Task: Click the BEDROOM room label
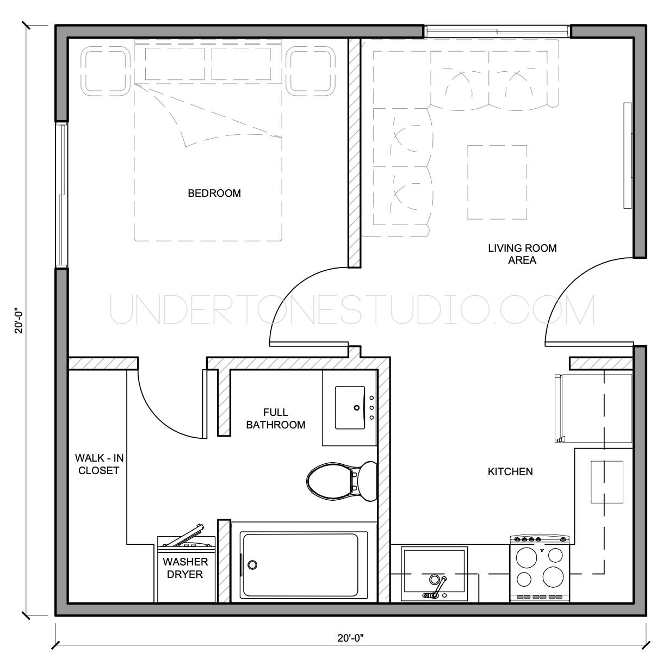214,193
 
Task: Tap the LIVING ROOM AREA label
522,254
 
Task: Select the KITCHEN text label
510,471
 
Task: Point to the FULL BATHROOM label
275,419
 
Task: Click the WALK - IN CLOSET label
98,464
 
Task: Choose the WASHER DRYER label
185,568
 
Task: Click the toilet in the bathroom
340,481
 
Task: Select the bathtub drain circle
252,564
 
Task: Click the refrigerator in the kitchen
593,408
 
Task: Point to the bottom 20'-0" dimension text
350,638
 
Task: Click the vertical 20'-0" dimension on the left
20,320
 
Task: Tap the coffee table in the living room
497,182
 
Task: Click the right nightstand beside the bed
312,71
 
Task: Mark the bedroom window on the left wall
61,195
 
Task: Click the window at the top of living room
497,32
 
